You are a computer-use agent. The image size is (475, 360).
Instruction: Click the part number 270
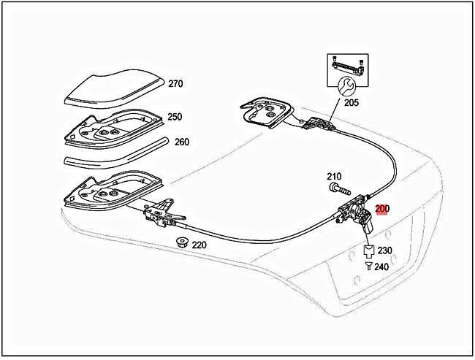(175, 83)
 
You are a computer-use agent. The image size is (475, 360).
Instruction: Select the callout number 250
(175, 117)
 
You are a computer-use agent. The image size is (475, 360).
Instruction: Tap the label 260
(182, 142)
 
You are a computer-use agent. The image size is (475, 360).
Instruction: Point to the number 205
(351, 103)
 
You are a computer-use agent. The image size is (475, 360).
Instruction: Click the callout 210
(334, 176)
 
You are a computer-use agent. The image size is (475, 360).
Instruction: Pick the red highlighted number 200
(382, 208)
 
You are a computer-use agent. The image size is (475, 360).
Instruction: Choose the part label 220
(199, 245)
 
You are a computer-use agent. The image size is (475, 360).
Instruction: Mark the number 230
(384, 250)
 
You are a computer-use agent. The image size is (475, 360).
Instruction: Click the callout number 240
(381, 267)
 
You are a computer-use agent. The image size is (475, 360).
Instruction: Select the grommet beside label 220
(179, 242)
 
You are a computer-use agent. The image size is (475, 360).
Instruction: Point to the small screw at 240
(369, 267)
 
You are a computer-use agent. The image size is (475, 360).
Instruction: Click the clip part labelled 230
(369, 251)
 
